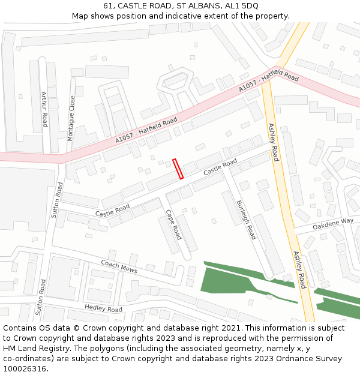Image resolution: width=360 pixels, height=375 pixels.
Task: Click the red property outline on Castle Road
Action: (x=178, y=169)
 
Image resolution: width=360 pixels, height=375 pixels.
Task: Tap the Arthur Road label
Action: (x=44, y=109)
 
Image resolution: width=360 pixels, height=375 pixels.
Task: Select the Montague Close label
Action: (x=72, y=118)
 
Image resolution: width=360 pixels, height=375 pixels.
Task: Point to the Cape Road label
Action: (x=173, y=224)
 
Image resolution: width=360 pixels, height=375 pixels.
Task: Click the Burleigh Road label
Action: (x=246, y=219)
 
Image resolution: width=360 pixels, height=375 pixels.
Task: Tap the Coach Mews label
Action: (x=119, y=266)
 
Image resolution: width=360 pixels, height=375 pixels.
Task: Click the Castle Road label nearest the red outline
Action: (x=220, y=167)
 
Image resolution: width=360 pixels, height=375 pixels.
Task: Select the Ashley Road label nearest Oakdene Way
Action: (x=298, y=270)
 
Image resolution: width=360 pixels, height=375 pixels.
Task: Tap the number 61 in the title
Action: (x=108, y=5)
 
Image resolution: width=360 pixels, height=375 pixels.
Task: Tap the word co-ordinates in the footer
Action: (x=27, y=359)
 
